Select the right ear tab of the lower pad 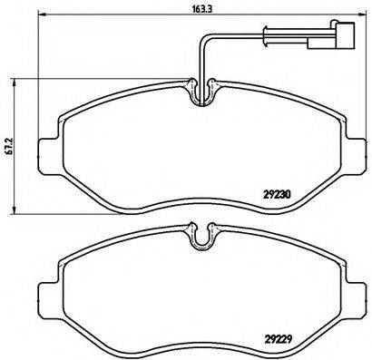pos(354,296)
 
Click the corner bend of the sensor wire pos(202,38)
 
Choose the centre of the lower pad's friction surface pos(201,295)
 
